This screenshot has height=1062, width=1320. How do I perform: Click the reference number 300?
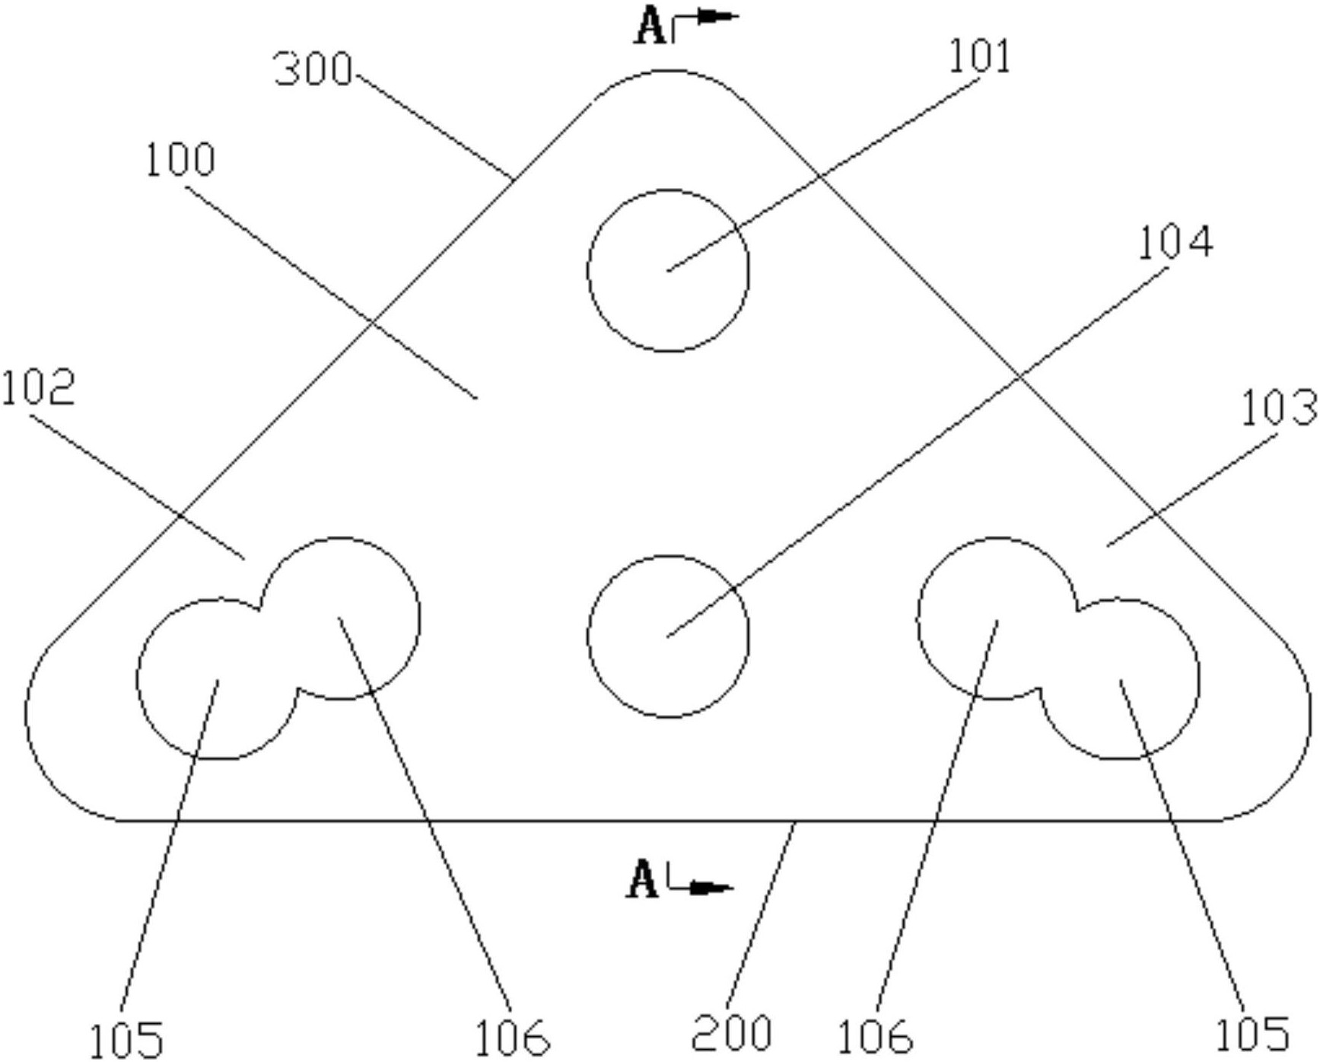tap(313, 70)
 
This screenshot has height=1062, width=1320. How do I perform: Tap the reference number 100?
tap(180, 161)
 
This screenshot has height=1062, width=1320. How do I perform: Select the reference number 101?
tap(980, 57)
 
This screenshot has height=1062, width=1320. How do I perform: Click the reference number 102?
tap(38, 387)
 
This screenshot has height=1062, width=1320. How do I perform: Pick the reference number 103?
tap(1278, 408)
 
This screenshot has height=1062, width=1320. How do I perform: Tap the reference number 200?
tap(731, 1033)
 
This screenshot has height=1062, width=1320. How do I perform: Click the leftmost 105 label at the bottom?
tap(126, 1039)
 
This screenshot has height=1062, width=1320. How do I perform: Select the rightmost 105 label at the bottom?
tap(1252, 1035)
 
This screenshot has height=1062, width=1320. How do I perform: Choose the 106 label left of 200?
tap(511, 1037)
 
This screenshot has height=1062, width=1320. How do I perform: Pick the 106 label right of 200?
tap(874, 1037)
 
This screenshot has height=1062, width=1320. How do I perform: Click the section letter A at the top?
tap(649, 27)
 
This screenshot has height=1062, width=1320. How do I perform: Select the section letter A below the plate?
tap(643, 881)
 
